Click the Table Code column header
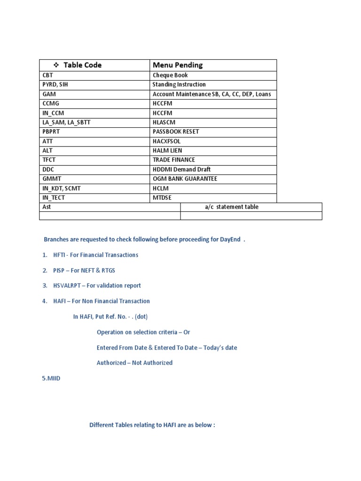[82, 65]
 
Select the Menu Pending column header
[178, 65]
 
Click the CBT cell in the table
[48, 75]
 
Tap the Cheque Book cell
[170, 75]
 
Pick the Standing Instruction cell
[179, 85]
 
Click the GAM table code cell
[49, 94]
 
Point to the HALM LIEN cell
[167, 150]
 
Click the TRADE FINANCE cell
[174, 160]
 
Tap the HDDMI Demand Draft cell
[181, 169]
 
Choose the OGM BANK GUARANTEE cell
[185, 178]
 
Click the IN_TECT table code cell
[54, 198]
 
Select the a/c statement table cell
[231, 207]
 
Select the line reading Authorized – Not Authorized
[134, 363]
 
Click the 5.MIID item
[51, 378]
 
